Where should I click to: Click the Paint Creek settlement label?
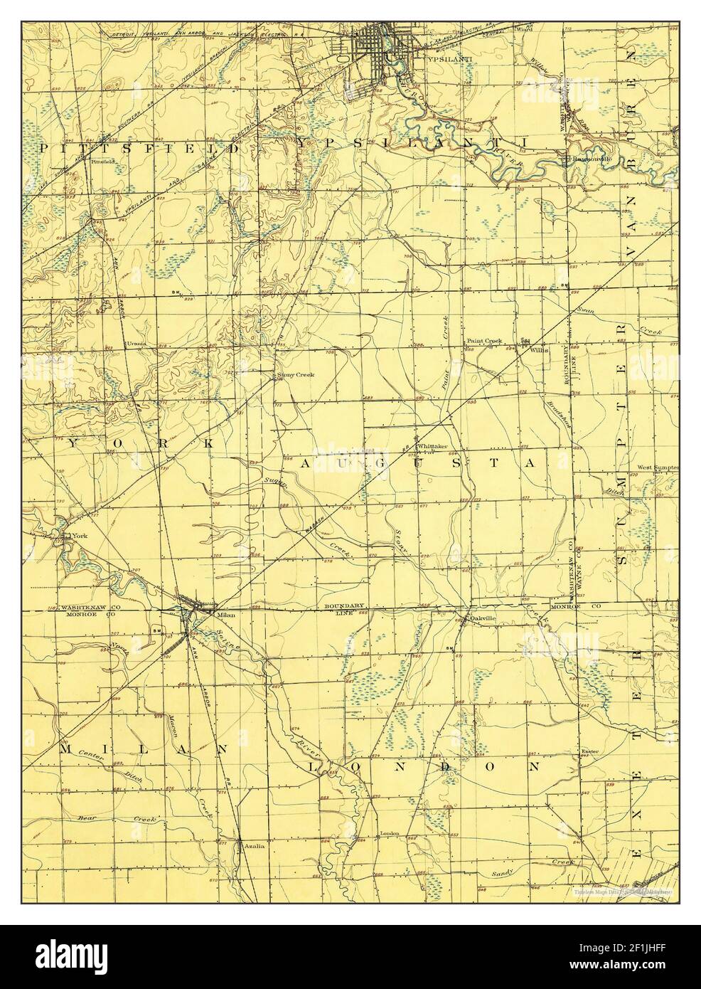484,341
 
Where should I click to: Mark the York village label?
73,535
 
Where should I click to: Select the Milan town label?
226,613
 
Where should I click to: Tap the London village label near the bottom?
390,833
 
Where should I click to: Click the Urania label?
136,344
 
